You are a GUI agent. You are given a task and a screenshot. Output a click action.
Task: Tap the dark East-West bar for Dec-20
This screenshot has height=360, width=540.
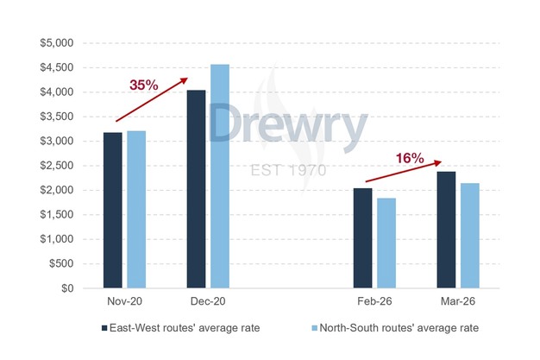[x=197, y=189]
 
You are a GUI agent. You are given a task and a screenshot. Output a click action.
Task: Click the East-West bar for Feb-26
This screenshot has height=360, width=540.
[x=363, y=238]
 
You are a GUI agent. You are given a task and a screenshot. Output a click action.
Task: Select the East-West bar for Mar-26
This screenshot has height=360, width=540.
[x=446, y=230]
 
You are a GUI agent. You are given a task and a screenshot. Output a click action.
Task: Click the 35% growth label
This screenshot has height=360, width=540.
[x=143, y=85]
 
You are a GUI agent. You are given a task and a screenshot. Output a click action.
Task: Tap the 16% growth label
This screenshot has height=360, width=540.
[x=410, y=158]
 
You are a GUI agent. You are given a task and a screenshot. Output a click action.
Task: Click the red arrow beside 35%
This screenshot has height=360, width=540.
[x=152, y=100]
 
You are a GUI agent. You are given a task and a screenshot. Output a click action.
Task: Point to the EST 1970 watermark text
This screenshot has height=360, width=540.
[x=287, y=170]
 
